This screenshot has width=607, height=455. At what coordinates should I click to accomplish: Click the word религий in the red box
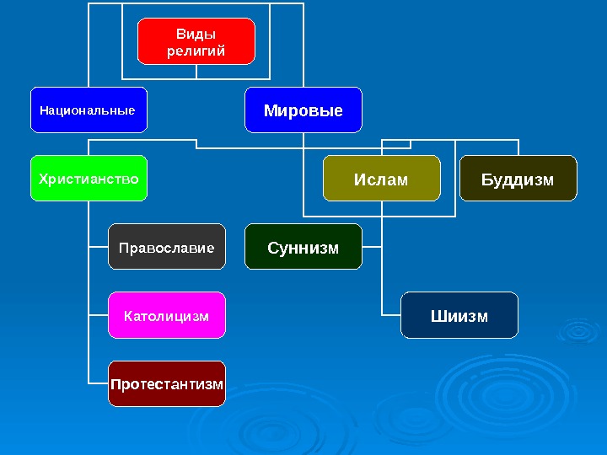pyautogui.click(x=196, y=51)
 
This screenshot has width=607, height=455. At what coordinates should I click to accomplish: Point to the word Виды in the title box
pyautogui.click(x=196, y=34)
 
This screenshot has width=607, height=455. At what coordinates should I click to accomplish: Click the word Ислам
pyautogui.click(x=381, y=179)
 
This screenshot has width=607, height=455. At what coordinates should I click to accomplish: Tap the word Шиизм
pyautogui.click(x=459, y=316)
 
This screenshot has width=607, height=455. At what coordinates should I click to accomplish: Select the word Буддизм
pyautogui.click(x=518, y=179)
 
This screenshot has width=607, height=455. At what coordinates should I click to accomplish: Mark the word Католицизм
pyautogui.click(x=166, y=316)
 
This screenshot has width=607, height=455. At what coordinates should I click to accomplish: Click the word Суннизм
pyautogui.click(x=303, y=248)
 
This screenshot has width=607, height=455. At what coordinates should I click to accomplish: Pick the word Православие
pyautogui.click(x=167, y=248)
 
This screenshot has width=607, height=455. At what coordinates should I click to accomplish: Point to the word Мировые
pyautogui.click(x=303, y=110)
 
